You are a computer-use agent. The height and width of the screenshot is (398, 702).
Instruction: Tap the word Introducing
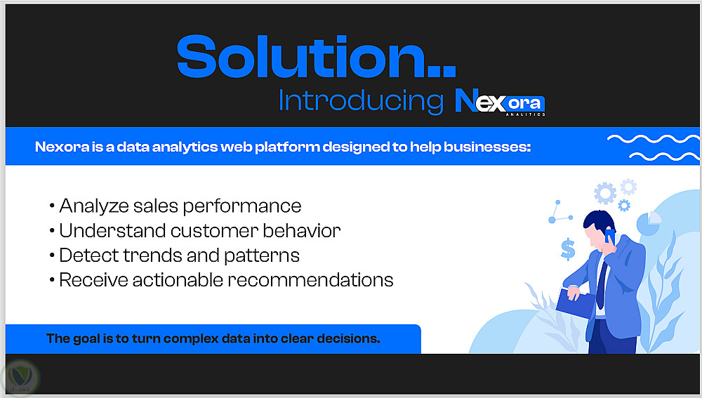tap(361, 101)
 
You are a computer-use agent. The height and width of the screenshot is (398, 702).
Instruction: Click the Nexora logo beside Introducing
tap(500, 101)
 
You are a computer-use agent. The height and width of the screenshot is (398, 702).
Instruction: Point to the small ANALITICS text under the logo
tap(525, 114)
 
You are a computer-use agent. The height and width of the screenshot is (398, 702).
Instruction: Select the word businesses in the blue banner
tap(487, 147)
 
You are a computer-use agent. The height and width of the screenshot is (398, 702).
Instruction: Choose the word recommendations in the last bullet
tap(311, 280)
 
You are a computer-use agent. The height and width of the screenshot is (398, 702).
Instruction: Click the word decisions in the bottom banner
tap(348, 338)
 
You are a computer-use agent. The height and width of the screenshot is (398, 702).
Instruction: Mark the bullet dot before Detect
tap(53, 256)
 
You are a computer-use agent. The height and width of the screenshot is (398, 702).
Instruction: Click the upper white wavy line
tap(653, 139)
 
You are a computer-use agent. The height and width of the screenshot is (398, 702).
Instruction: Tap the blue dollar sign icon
tap(568, 249)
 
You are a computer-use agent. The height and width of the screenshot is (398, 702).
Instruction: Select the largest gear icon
tap(605, 194)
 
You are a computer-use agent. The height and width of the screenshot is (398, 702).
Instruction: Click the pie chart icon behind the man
tap(649, 223)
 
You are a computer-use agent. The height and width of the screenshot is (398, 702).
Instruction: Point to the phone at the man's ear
tap(609, 235)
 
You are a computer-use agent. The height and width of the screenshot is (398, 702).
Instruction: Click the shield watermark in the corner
tap(20, 378)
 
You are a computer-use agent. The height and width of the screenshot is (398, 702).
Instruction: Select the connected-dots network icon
tap(560, 212)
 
